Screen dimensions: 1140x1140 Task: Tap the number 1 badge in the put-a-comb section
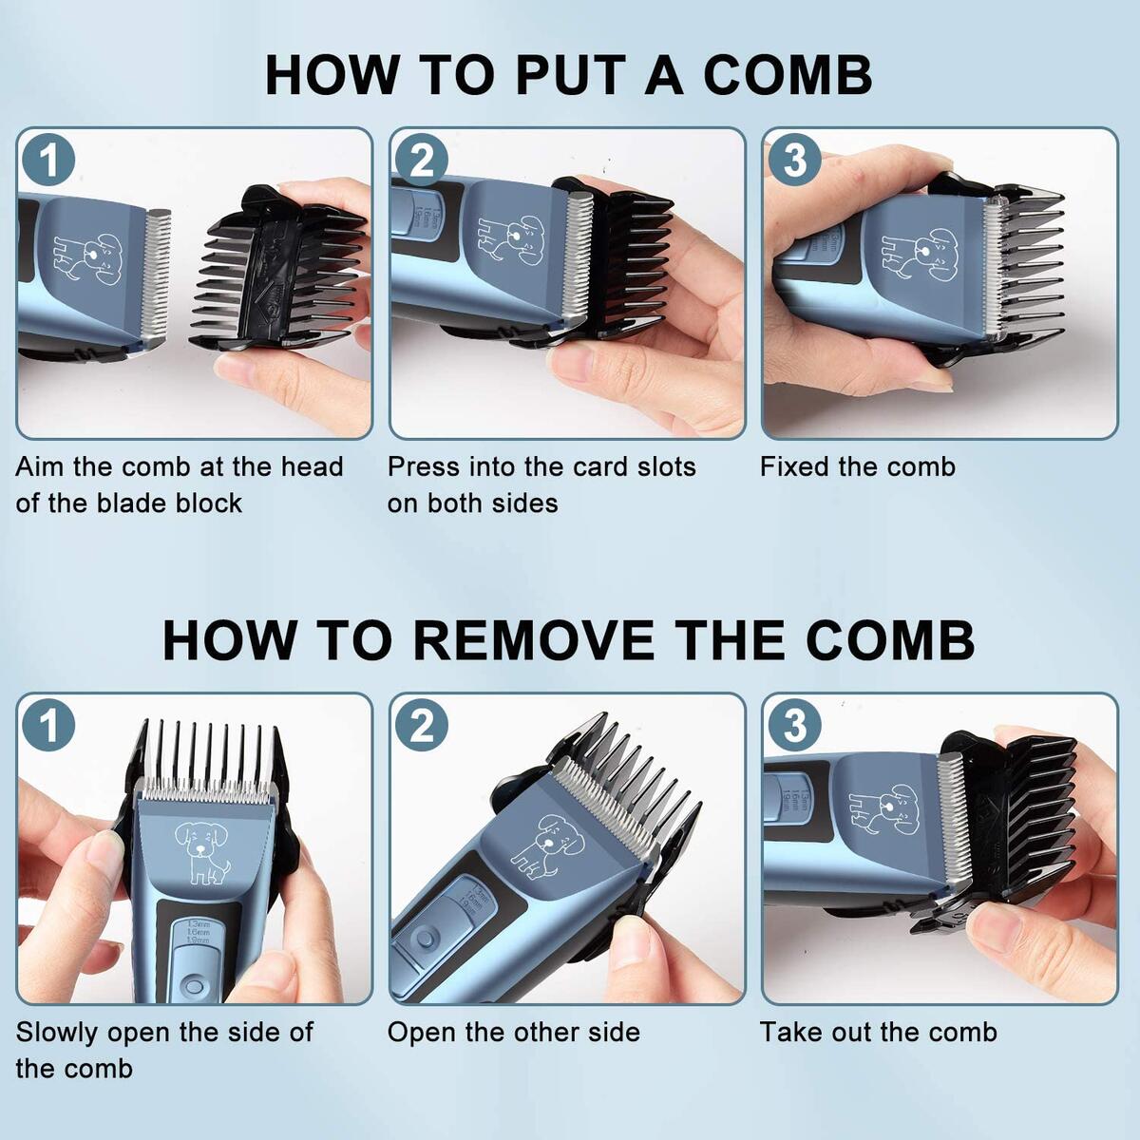pos(48,160)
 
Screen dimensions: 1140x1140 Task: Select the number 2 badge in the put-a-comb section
pos(421,160)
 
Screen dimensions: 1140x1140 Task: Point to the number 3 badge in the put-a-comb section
pos(794,160)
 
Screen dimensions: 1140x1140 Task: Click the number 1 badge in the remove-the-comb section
pos(48,725)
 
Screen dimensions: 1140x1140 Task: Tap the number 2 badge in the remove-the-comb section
pos(421,725)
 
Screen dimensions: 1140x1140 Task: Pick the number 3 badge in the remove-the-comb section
pos(794,725)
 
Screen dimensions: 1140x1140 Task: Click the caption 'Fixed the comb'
pos(857,466)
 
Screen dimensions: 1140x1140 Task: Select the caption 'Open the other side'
pos(513,1032)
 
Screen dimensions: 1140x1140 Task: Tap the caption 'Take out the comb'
pos(878,1032)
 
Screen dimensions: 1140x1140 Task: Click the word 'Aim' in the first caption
pos(40,466)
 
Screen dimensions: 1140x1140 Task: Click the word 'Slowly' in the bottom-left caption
pos(58,1032)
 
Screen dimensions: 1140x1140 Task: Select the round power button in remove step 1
pos(195,985)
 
